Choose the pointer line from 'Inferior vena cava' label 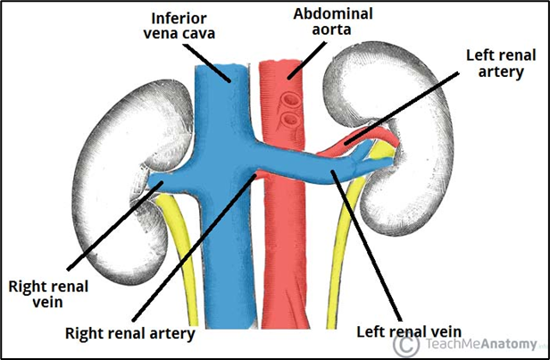click(x=214, y=63)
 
